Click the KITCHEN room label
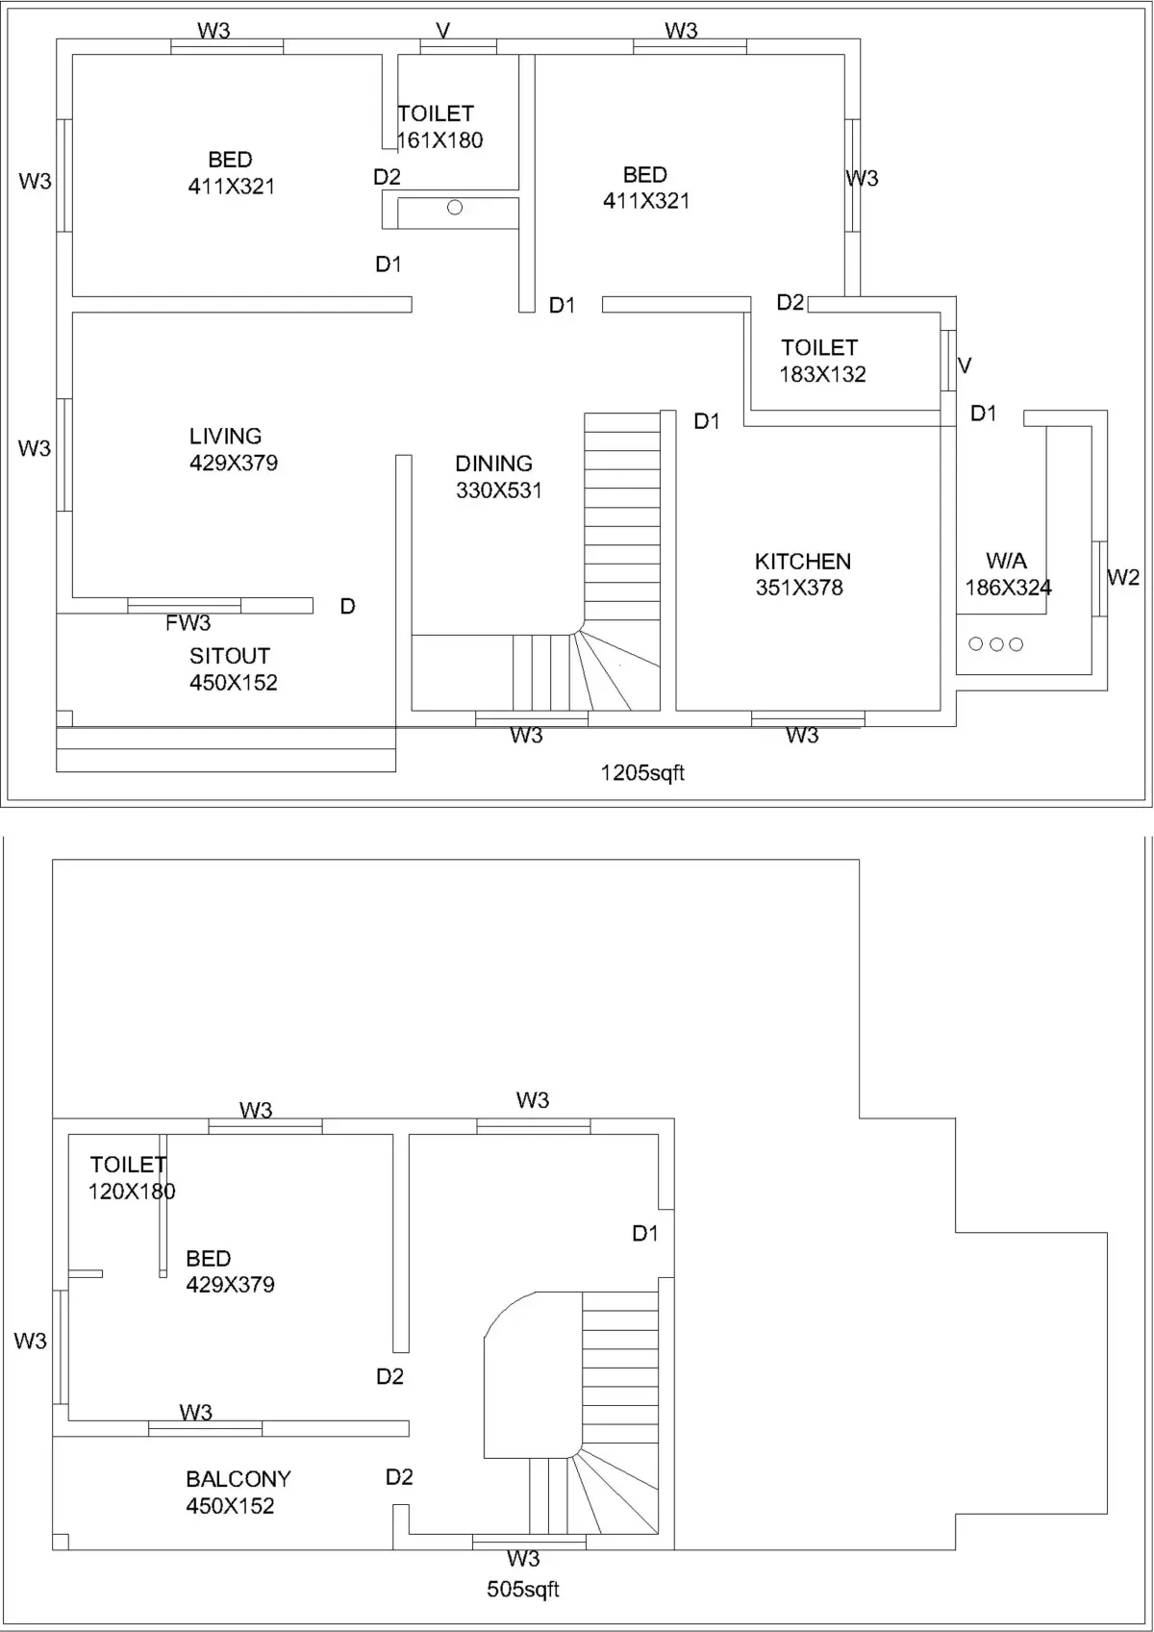tap(802, 561)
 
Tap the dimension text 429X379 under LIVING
tap(234, 463)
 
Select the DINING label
tap(493, 464)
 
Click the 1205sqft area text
tap(642, 772)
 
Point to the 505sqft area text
tap(522, 1590)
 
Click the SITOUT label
tap(230, 656)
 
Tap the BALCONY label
tap(238, 1479)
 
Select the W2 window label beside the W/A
tap(1123, 577)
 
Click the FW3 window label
tap(188, 623)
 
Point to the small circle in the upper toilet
tap(455, 208)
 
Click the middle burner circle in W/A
tap(996, 644)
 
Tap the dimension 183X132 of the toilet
tap(822, 374)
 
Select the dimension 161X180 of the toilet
tap(439, 140)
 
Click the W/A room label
tap(1006, 561)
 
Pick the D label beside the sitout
tap(348, 606)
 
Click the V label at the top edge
tap(443, 31)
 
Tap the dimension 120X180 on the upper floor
tap(132, 1192)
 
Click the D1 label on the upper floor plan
tap(645, 1233)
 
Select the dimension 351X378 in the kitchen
tap(799, 588)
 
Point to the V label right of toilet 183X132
tap(965, 365)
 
